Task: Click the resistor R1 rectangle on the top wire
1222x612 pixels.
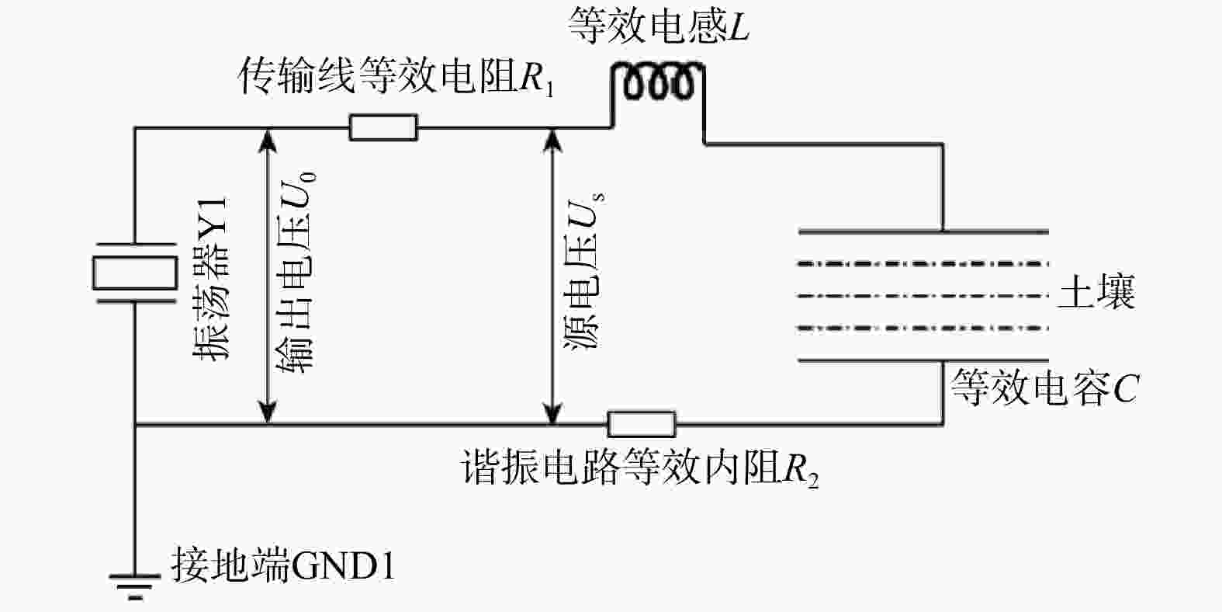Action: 383,127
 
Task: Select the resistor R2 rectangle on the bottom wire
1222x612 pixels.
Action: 642,424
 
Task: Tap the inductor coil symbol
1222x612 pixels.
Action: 658,82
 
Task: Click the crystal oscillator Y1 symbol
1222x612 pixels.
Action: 135,273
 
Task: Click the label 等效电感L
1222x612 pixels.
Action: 659,26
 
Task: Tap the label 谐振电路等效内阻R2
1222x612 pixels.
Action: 640,468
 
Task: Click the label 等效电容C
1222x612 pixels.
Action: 1044,388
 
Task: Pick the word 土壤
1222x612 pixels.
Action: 1096,291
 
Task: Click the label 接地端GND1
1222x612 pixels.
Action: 283,565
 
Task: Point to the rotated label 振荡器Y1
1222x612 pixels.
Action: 211,278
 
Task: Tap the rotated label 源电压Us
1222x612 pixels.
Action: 584,271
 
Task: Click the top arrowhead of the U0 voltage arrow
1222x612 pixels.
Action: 268,140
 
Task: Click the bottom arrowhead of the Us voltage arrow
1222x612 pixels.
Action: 553,412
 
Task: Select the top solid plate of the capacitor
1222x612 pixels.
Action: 923,232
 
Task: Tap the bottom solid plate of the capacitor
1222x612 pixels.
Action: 923,360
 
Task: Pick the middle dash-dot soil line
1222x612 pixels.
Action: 923,296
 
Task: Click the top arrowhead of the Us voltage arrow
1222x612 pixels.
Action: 553,140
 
